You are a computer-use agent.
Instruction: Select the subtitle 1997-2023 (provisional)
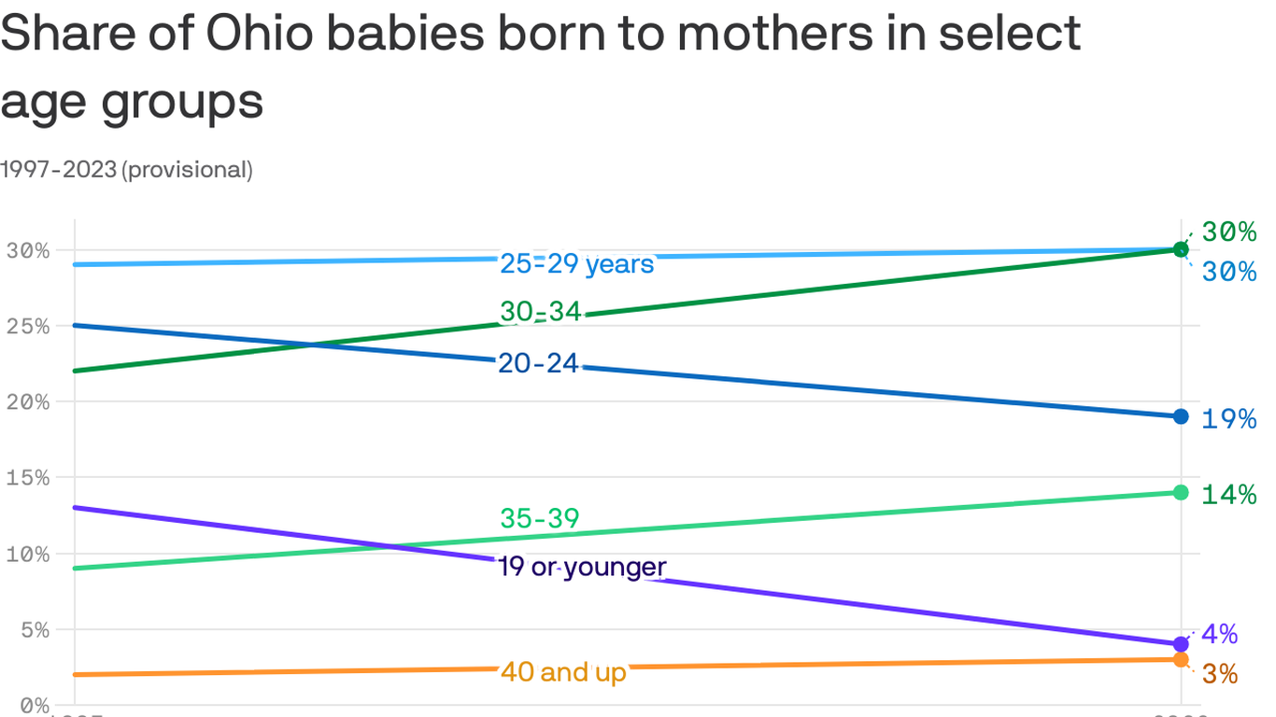[126, 170]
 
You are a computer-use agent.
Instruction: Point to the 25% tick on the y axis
[27, 326]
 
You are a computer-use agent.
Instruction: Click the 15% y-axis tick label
[27, 477]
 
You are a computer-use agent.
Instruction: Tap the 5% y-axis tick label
[33, 629]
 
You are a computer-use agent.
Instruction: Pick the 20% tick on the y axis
[27, 401]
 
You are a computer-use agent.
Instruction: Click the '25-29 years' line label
[576, 264]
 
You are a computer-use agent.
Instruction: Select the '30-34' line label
[540, 312]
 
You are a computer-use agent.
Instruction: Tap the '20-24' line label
[538, 363]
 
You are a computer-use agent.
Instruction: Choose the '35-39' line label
[539, 518]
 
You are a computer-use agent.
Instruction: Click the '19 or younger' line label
[582, 567]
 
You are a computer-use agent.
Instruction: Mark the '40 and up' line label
[563, 671]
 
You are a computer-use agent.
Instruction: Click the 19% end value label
[1228, 419]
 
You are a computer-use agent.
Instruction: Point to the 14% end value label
[1228, 495]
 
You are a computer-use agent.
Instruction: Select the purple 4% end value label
[1219, 635]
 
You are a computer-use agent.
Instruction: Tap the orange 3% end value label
[1219, 674]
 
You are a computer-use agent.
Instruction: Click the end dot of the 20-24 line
[1181, 416]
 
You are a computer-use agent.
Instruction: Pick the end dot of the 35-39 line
[1181, 492]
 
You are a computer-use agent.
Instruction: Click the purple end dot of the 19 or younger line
[1181, 644]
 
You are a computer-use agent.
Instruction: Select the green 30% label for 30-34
[1228, 232]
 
